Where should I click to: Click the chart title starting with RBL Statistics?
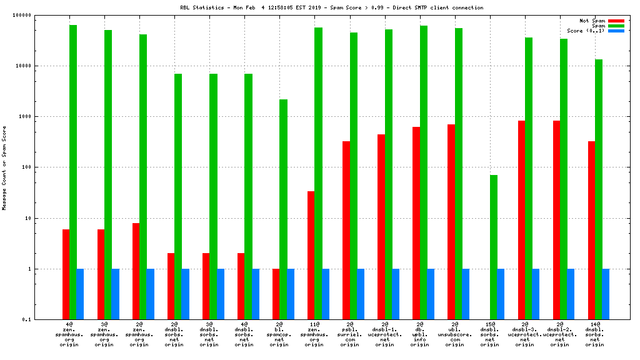coord(331,7)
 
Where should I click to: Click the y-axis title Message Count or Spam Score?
coord(4,167)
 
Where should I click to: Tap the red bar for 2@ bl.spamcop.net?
coord(276,294)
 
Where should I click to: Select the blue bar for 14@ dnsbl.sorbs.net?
coord(606,294)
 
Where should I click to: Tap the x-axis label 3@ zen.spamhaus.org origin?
coord(104,334)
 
